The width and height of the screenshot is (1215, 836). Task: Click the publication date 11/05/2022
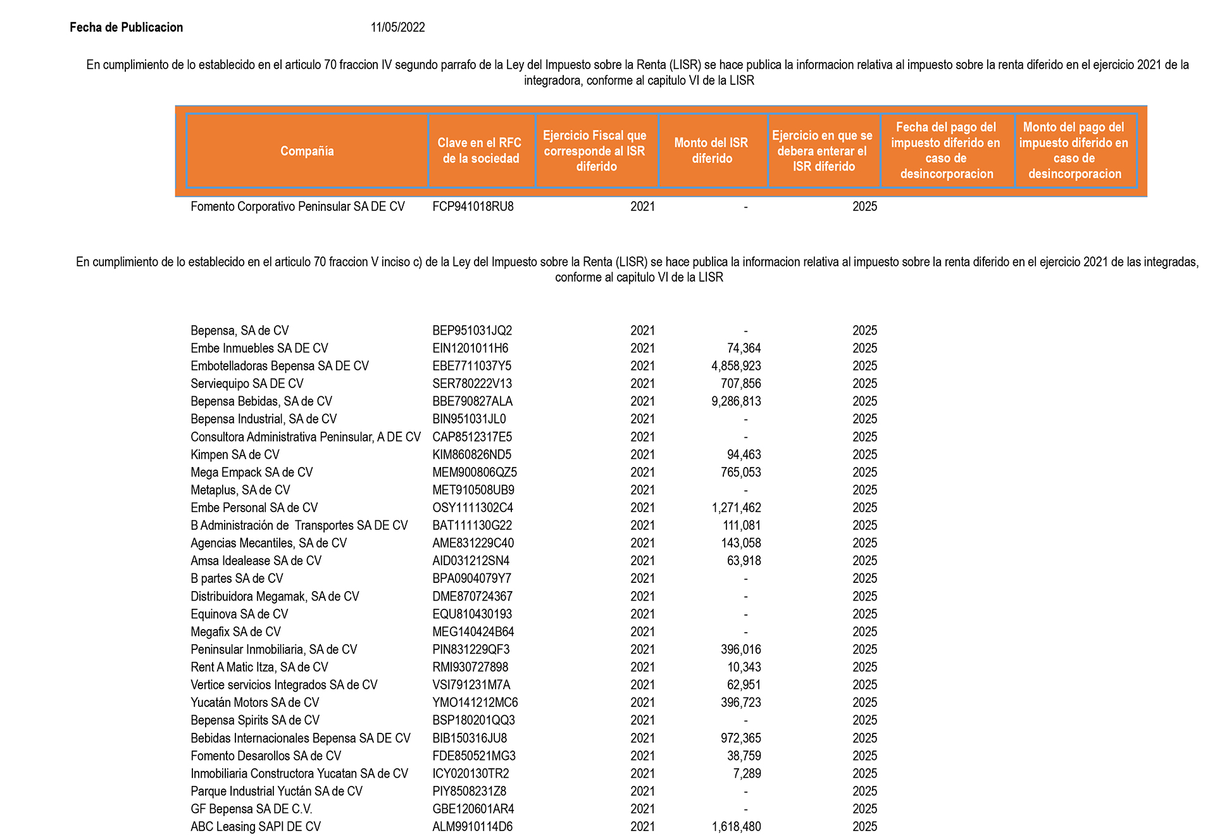(x=397, y=27)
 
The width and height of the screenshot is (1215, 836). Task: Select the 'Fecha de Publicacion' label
(x=126, y=27)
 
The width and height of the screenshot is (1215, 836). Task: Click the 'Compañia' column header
(x=307, y=151)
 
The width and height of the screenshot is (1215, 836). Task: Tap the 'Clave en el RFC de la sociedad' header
(x=481, y=151)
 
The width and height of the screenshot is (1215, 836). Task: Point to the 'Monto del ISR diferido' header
(x=712, y=151)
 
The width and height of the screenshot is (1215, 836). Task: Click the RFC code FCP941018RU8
(x=473, y=206)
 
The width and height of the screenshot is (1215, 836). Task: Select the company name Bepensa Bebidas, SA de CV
(x=261, y=401)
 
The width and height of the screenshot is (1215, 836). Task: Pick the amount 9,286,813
(x=736, y=401)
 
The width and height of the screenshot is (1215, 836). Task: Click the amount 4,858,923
(x=736, y=366)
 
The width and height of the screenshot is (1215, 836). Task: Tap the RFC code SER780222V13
(x=472, y=384)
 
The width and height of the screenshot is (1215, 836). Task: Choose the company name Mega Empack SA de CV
(x=252, y=472)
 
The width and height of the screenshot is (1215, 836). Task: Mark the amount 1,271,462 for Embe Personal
(x=736, y=508)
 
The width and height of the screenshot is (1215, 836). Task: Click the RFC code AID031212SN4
(x=471, y=561)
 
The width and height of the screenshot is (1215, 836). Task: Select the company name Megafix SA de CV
(x=235, y=632)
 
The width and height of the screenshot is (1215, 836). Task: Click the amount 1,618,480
(x=736, y=827)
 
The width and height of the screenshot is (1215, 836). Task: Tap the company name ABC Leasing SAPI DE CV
(x=256, y=827)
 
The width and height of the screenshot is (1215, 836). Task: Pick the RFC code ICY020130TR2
(x=471, y=773)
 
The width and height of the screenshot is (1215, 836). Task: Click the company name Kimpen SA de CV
(x=235, y=454)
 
